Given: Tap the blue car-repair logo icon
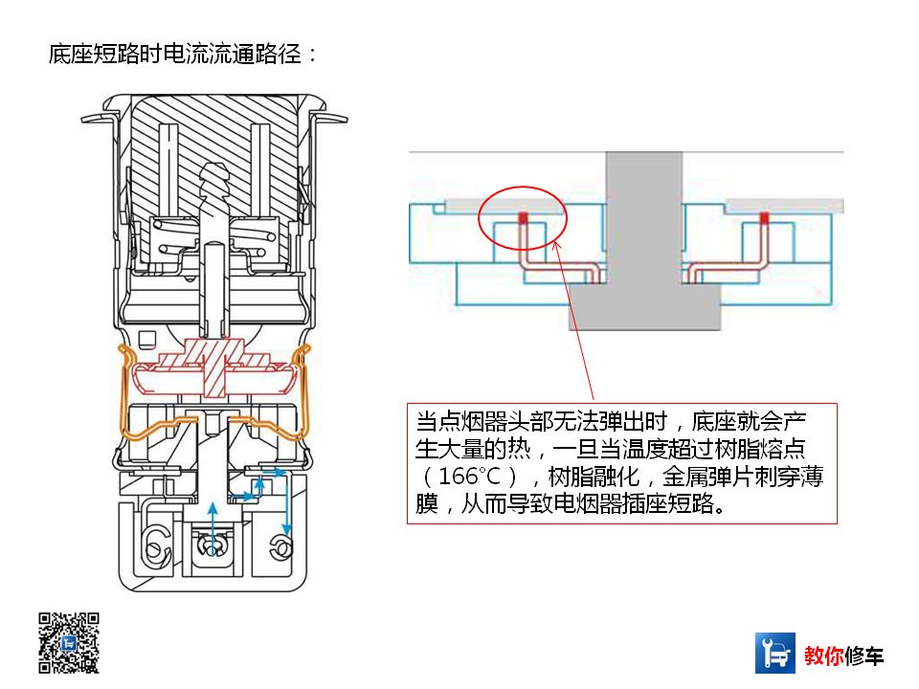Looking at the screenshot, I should pyautogui.click(x=775, y=653).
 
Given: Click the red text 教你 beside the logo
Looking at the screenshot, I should pyautogui.click(x=825, y=656).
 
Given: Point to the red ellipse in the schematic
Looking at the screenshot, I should pyautogui.click(x=523, y=222).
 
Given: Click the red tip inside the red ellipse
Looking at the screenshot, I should pyautogui.click(x=524, y=217).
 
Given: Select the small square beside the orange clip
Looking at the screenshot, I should pyautogui.click(x=146, y=338).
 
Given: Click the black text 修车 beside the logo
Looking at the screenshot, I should pyautogui.click(x=865, y=656).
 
